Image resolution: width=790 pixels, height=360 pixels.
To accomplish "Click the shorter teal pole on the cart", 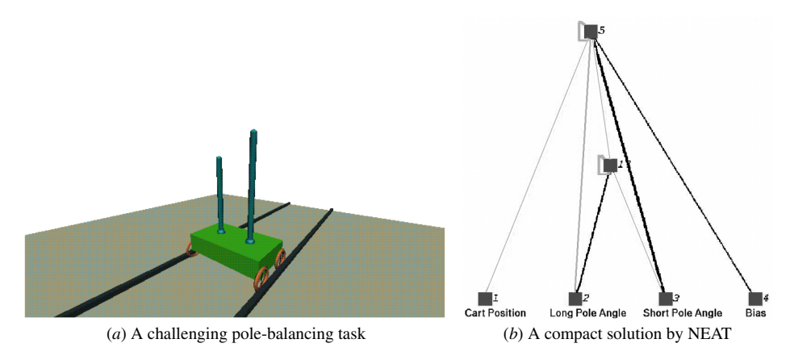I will [x=219, y=190].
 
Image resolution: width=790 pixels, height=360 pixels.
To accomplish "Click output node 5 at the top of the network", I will [x=591, y=31].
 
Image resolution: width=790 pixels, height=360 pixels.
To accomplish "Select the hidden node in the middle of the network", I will [x=610, y=165].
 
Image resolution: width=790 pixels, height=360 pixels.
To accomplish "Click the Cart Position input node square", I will [x=484, y=299].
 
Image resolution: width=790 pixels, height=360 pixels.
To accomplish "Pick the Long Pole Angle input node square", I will [x=575, y=299].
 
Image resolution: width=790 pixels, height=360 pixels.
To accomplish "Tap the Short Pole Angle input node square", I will [x=665, y=299].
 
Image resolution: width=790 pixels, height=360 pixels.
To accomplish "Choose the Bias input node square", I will [x=755, y=299].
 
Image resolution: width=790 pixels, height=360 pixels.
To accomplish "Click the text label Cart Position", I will [x=495, y=312].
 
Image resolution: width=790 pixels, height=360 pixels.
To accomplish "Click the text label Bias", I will [x=755, y=312].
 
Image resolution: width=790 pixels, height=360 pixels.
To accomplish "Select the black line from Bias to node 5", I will [x=674, y=165].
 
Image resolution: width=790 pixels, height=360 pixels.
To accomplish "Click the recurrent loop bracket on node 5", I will [x=580, y=32].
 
